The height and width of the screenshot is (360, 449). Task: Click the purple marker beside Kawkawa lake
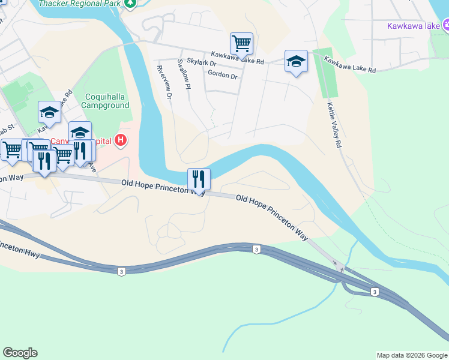point(446,25)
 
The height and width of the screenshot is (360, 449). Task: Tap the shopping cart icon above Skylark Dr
point(241,43)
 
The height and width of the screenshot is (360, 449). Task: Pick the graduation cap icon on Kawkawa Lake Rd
point(296,61)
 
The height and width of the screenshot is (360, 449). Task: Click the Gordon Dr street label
point(222,75)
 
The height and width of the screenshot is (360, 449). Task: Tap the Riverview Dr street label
point(164,83)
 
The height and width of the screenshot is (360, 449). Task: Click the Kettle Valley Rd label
point(334,124)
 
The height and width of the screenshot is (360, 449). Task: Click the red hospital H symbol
point(121,141)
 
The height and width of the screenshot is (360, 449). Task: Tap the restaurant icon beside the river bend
point(199,179)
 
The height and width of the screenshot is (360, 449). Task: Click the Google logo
point(20,353)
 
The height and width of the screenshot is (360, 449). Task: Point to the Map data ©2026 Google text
point(411,355)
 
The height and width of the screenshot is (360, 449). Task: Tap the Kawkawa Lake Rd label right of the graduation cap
point(350,65)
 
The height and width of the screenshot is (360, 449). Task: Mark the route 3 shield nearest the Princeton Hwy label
point(122,272)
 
